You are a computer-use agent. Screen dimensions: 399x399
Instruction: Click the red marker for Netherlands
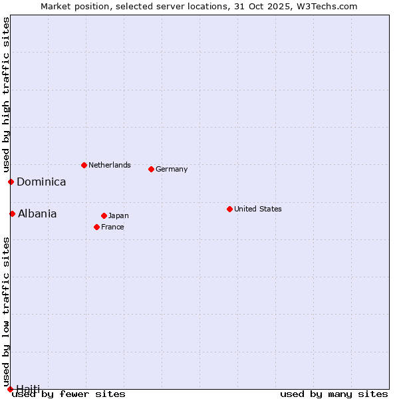(84, 165)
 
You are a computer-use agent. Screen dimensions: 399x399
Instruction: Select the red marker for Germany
(151, 169)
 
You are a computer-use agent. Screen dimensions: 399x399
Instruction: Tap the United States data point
(229, 209)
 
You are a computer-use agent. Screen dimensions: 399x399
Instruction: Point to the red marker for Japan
(104, 215)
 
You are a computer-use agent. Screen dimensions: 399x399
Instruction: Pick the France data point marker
(96, 227)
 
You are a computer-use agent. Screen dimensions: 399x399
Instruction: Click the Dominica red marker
(11, 182)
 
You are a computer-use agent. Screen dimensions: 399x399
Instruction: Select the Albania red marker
(12, 213)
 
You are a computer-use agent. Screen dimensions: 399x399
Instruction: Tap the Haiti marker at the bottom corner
(10, 389)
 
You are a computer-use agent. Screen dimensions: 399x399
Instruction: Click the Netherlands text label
(109, 165)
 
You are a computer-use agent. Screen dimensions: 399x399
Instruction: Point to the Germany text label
(172, 169)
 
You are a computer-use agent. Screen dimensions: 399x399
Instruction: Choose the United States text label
(257, 209)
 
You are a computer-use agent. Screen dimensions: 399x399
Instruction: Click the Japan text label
(118, 215)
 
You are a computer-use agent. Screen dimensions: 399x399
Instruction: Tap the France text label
(112, 227)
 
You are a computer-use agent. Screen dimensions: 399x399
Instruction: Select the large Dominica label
(41, 182)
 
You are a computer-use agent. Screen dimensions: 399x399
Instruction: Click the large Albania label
(37, 213)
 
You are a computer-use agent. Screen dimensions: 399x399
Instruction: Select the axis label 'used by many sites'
(334, 394)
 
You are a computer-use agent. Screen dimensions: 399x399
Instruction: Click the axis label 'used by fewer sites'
(69, 394)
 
